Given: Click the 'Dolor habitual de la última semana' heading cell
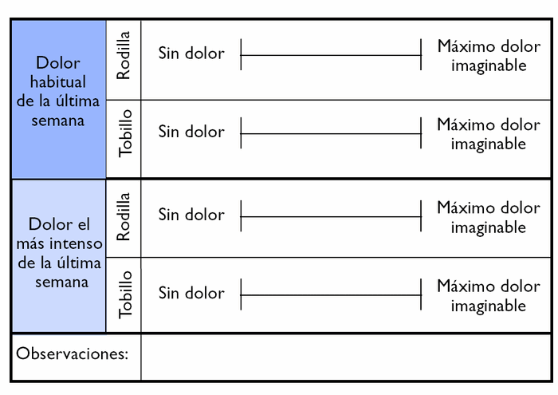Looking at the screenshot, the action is [x=58, y=92].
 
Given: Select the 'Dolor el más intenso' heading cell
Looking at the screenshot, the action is [x=58, y=253].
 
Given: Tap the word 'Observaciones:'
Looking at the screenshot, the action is [x=73, y=354].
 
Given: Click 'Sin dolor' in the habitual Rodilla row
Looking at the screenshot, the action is [x=191, y=53].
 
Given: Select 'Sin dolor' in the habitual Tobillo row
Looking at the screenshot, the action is [x=191, y=132].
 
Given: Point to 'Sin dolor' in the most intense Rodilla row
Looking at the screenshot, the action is [x=191, y=215].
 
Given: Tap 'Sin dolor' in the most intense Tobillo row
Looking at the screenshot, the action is [x=191, y=293].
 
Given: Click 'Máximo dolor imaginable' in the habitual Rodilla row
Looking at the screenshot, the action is [x=489, y=56].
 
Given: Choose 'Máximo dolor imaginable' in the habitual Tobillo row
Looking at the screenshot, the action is [x=489, y=134].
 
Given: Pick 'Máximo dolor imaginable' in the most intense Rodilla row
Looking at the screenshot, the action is [x=489, y=217].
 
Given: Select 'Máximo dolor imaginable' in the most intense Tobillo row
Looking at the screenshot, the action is [x=489, y=295].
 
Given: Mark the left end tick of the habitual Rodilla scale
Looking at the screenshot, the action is [x=241, y=55].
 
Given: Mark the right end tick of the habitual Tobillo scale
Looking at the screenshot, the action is [x=421, y=133].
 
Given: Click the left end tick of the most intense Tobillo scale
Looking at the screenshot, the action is [x=241, y=295].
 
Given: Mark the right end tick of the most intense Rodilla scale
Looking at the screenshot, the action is [x=421, y=216].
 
